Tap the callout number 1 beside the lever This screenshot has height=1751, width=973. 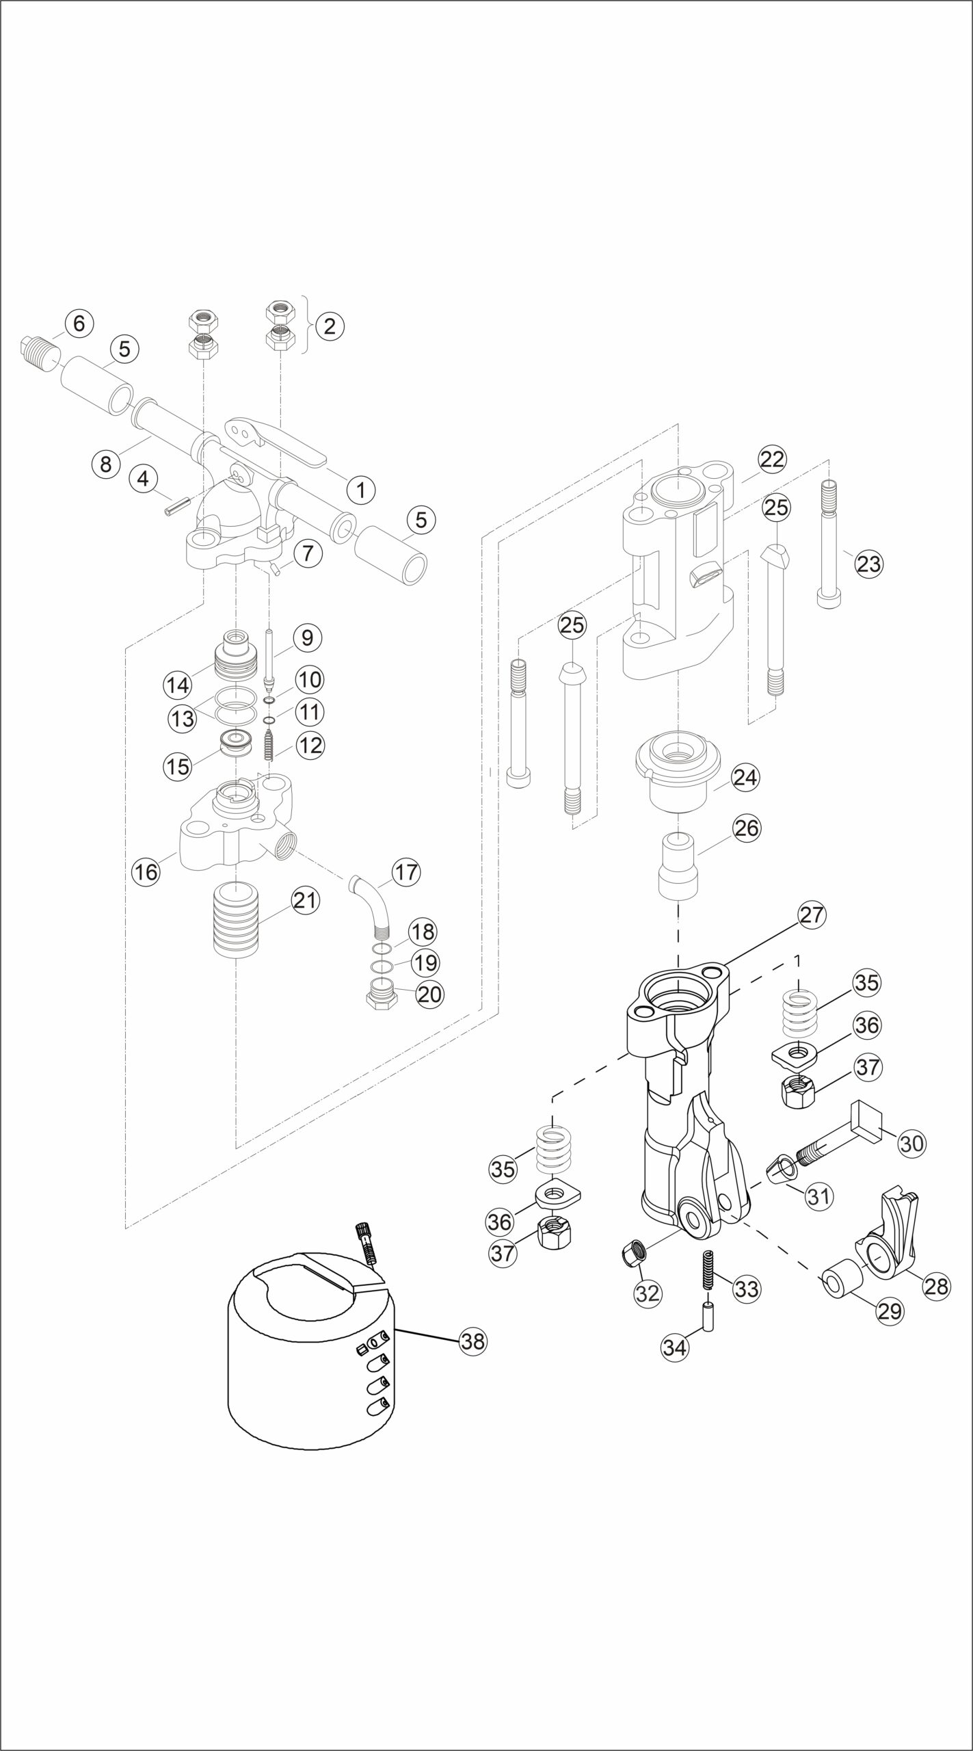tap(362, 489)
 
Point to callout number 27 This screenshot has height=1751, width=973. tap(812, 915)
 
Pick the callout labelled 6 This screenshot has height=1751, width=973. tap(79, 324)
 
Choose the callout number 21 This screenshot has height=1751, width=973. tap(305, 900)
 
